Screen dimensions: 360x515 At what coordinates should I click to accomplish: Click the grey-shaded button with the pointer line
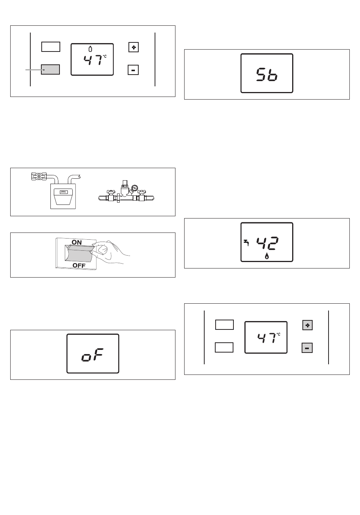point(50,69)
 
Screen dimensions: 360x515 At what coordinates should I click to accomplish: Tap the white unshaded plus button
point(133,47)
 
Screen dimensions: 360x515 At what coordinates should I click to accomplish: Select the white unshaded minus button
point(133,70)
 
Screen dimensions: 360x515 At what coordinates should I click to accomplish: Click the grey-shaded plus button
point(307,325)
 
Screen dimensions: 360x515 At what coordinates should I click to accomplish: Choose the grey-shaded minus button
point(307,348)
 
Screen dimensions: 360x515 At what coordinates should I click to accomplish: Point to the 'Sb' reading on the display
point(267,74)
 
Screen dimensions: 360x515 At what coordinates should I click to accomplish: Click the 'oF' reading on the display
point(92,355)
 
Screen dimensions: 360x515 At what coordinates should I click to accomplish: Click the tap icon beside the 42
point(246,243)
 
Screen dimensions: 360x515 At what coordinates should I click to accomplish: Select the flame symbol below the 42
point(267,256)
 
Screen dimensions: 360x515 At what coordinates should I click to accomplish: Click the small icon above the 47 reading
point(91,49)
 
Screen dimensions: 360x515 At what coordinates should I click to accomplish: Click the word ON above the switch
point(77,242)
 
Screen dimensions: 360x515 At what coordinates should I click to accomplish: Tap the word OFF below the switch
point(79,265)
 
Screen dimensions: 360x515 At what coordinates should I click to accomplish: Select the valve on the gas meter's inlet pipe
point(39,176)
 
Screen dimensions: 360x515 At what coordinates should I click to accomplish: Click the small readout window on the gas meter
point(63,192)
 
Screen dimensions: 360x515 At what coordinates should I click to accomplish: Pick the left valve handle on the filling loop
point(111,192)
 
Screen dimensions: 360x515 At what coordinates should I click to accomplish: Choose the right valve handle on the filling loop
point(141,192)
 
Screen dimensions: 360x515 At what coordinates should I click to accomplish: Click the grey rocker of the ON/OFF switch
point(79,253)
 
